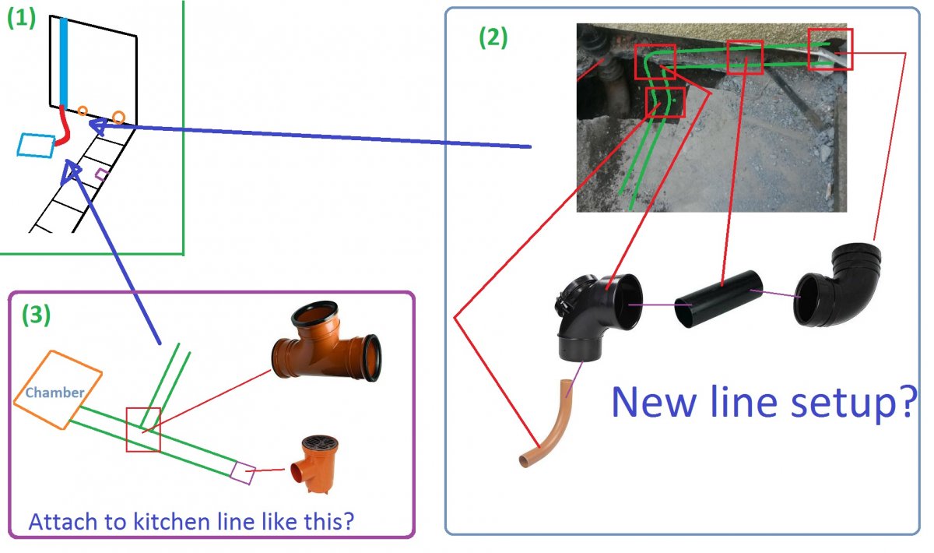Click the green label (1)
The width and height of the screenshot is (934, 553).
coord(21,19)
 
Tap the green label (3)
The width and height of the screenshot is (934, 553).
coord(37,314)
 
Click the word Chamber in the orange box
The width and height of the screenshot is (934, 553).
coord(54,393)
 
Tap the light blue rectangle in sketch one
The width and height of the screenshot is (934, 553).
coord(35,145)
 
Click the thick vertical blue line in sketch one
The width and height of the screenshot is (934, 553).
coord(64,62)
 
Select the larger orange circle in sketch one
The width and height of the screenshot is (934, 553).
coord(118,117)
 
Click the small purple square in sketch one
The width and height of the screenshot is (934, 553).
coord(100,174)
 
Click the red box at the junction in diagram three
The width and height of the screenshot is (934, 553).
coord(143,429)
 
